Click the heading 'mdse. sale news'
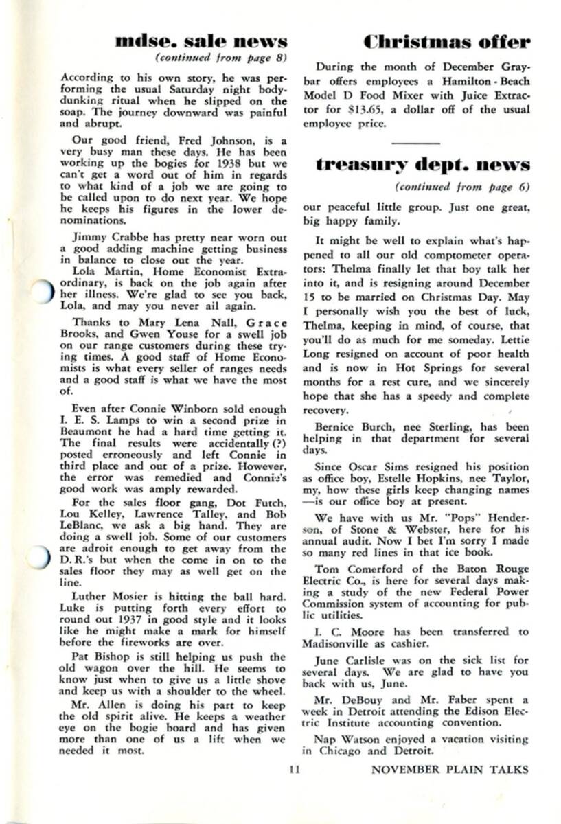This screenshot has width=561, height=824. point(201,41)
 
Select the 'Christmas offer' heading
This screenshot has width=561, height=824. point(446,41)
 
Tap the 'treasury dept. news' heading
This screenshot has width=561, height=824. point(423,165)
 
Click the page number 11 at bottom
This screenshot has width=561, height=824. point(295,770)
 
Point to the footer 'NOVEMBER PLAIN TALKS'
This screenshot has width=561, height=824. point(450,770)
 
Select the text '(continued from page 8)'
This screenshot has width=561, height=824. point(221,57)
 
